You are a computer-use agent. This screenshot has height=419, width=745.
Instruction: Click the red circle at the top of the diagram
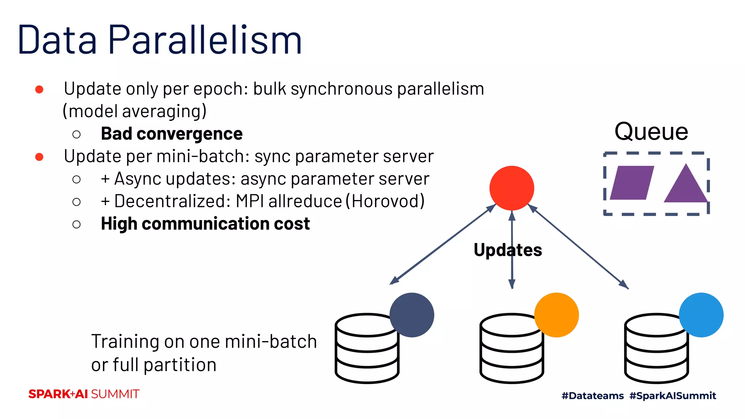pyautogui.click(x=511, y=188)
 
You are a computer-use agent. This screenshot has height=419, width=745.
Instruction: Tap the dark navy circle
pyautogui.click(x=411, y=315)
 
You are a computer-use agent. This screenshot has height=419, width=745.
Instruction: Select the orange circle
pyautogui.click(x=556, y=315)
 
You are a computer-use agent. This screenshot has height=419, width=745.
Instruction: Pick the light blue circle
pyautogui.click(x=701, y=315)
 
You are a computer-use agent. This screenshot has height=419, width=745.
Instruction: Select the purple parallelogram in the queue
pyautogui.click(x=632, y=183)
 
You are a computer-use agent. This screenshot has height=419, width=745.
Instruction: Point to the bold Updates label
pyautogui.click(x=508, y=250)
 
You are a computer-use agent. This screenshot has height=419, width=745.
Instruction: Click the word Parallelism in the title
pyautogui.click(x=205, y=40)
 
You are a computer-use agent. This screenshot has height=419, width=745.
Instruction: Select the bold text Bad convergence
pyautogui.click(x=171, y=133)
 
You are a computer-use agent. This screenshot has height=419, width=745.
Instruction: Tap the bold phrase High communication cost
pyautogui.click(x=205, y=224)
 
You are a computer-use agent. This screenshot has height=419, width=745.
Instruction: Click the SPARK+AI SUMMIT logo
pyautogui.click(x=84, y=394)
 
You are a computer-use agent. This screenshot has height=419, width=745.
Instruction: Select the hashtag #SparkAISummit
pyautogui.click(x=673, y=396)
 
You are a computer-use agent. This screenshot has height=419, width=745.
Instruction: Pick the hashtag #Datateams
pyautogui.click(x=593, y=396)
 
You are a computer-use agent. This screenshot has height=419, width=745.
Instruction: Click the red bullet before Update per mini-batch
pyautogui.click(x=39, y=157)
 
